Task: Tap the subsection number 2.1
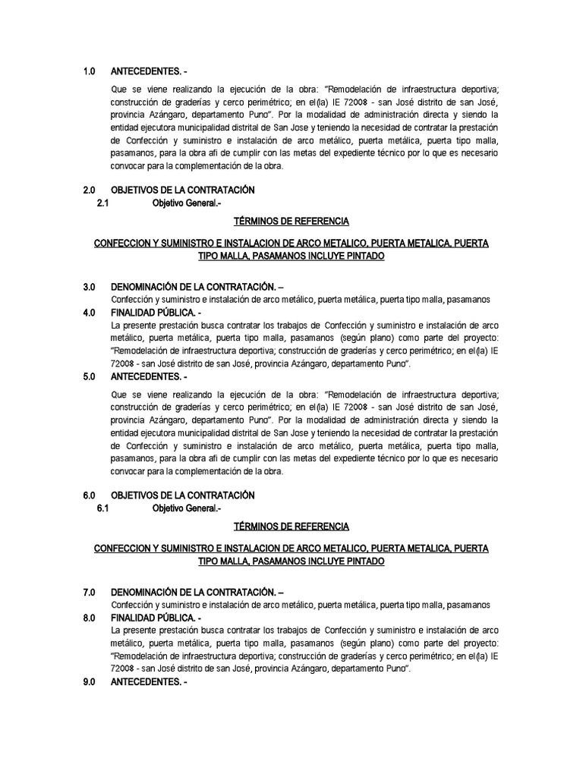104,203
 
